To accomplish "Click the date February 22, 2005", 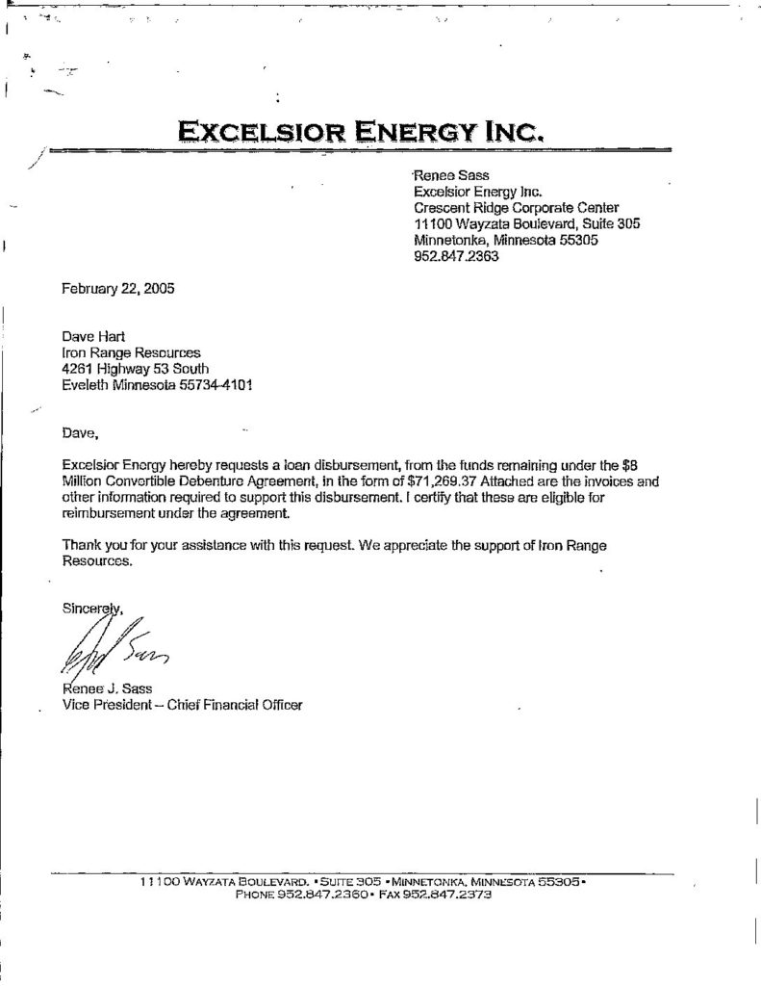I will (117, 288).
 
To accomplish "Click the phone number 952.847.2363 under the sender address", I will (455, 257).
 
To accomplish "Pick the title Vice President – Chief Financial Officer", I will (181, 705).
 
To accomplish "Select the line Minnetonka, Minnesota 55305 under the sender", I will (506, 241).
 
